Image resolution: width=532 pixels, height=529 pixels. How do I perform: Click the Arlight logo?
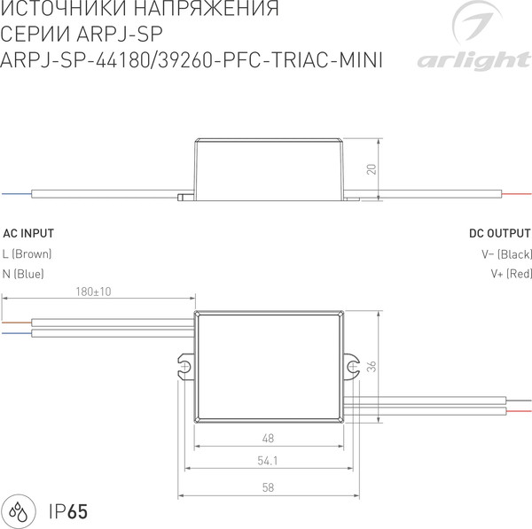pyautogui.click(x=470, y=40)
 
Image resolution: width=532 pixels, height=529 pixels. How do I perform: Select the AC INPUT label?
pyautogui.click(x=28, y=234)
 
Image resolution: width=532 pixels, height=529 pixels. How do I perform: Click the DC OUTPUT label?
pyautogui.click(x=500, y=234)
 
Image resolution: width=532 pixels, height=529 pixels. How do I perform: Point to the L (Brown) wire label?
pyautogui.click(x=27, y=254)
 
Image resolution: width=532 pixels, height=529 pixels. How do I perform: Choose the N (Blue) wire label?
pyautogui.click(x=23, y=274)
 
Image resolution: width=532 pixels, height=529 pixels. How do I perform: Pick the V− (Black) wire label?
pyautogui.click(x=505, y=254)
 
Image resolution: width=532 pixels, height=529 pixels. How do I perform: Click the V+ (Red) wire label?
pyautogui.click(x=510, y=274)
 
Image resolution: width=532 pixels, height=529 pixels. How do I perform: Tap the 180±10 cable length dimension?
pyautogui.click(x=93, y=292)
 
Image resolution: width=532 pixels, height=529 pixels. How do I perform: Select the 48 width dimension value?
pyautogui.click(x=268, y=439)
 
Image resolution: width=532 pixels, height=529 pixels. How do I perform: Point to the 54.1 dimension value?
pyautogui.click(x=268, y=460)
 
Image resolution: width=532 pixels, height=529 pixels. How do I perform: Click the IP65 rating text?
pyautogui.click(x=68, y=511)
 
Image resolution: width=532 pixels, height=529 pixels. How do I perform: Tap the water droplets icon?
pyautogui.click(x=20, y=511)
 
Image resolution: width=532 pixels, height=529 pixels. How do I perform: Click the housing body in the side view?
pyautogui.click(x=268, y=168)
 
